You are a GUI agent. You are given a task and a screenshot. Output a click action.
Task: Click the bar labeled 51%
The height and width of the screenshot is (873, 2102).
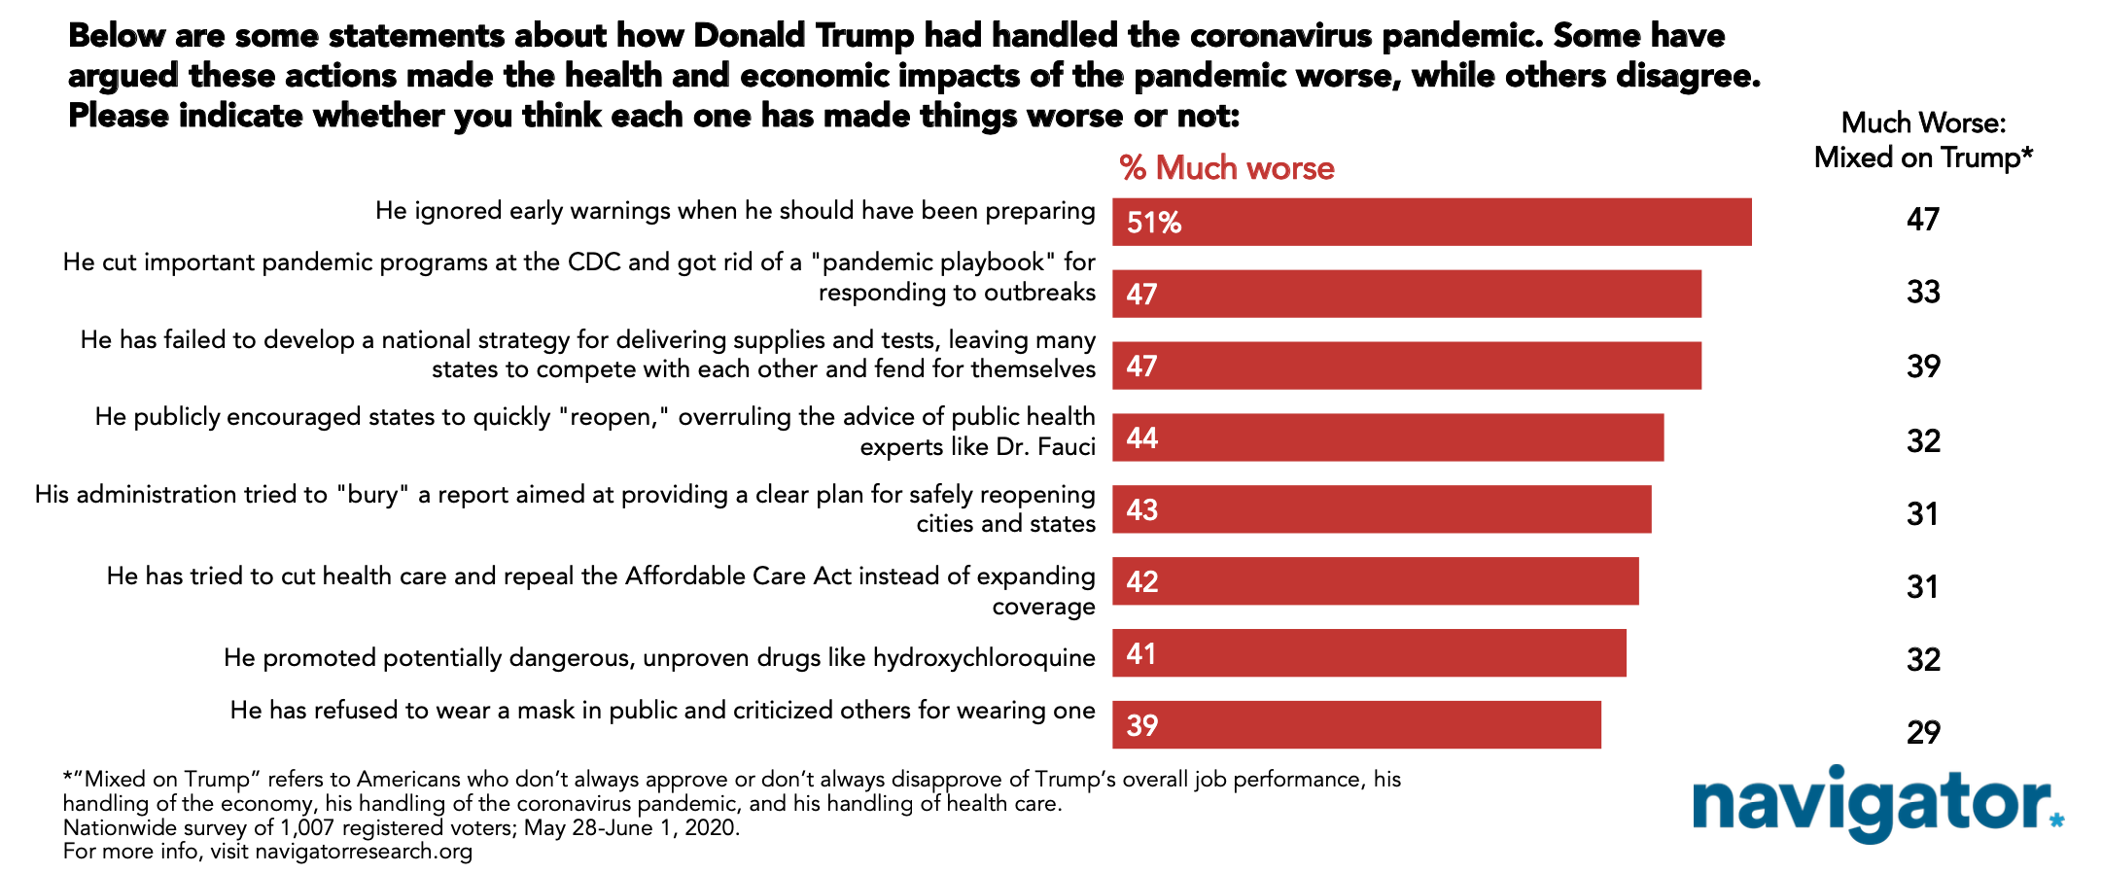1431,222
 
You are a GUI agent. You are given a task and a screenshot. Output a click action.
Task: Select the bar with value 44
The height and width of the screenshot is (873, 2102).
1387,437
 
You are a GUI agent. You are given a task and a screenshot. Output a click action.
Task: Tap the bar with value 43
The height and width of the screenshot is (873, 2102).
1382,509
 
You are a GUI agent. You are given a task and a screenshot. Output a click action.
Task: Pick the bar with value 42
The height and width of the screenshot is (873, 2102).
1375,581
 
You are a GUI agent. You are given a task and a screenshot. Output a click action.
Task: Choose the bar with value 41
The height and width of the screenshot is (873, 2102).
1369,653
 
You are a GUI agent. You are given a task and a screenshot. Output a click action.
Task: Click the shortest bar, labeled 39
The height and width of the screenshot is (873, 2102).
1356,725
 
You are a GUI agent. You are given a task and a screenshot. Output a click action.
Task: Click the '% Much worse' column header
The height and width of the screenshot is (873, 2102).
1227,168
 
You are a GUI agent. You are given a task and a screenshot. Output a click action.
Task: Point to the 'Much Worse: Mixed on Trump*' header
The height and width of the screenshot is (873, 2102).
1923,140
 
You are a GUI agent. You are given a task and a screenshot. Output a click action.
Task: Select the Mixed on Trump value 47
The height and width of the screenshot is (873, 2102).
1923,220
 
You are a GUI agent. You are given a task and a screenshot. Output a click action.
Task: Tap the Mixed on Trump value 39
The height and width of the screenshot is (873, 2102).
1923,367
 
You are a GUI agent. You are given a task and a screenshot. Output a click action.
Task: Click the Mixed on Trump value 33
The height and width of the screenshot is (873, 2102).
1923,293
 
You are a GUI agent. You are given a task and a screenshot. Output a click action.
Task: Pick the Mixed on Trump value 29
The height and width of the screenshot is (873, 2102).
1923,732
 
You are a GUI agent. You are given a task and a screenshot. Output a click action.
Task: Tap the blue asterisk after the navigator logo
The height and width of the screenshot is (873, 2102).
2056,821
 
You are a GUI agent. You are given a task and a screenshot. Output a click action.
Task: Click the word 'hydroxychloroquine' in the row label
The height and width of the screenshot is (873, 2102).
984,658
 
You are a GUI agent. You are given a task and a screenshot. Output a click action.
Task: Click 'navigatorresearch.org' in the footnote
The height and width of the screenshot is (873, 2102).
364,853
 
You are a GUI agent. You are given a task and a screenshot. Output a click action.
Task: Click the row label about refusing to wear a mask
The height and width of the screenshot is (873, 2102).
663,711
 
